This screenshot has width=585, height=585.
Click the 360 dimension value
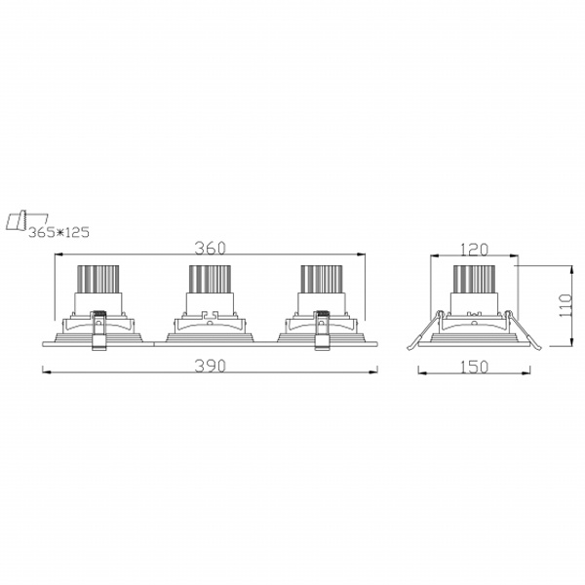(210, 248)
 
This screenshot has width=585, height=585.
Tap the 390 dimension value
(210, 366)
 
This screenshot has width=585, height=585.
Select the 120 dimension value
(474, 250)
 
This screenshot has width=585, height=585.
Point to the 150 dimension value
(474, 368)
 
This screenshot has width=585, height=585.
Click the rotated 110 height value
(565, 305)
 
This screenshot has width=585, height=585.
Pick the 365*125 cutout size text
(58, 232)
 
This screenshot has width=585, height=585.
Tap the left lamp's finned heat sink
(98, 279)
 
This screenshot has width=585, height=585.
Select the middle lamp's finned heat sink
(210, 279)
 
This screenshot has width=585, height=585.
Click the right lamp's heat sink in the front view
(321, 279)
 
